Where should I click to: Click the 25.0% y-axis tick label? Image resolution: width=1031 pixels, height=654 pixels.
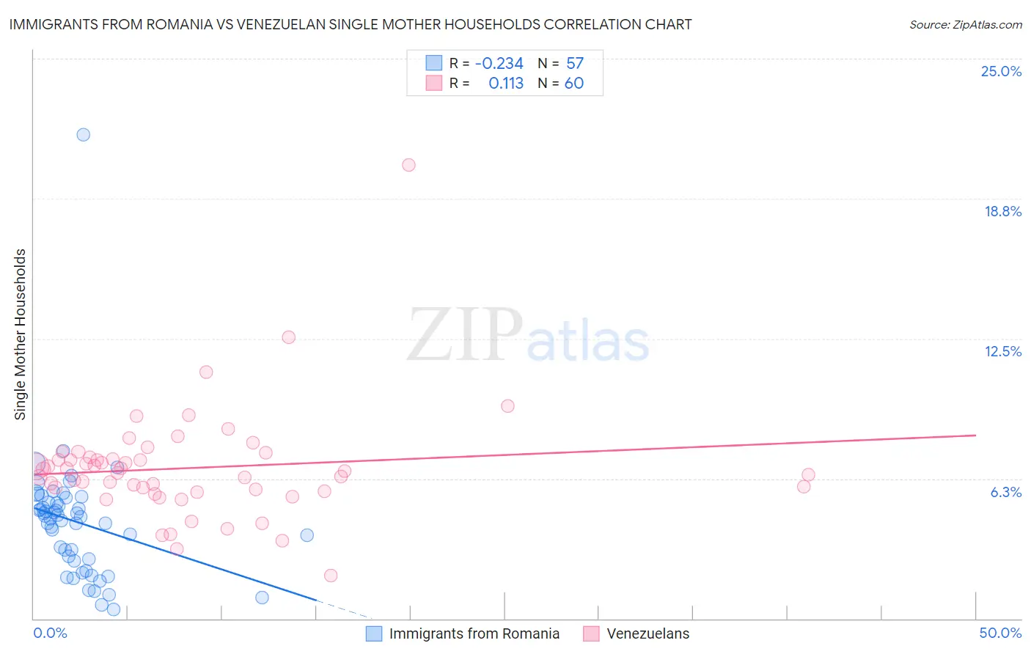(x=1001, y=71)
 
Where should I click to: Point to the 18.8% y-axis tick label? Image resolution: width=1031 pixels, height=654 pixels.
(x=1002, y=211)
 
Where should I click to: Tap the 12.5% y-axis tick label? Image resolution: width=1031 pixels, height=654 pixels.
(x=1002, y=351)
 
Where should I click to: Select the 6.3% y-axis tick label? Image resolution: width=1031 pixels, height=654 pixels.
(x=1005, y=492)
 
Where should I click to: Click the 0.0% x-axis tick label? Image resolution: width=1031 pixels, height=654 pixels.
(x=50, y=633)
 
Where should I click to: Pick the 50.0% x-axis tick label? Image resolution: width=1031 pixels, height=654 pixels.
(x=1000, y=633)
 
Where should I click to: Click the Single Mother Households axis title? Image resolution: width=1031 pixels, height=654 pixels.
(x=20, y=334)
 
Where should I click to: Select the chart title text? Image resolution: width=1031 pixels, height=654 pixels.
(x=351, y=24)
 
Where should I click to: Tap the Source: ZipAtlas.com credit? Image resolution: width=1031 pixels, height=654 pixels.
(x=965, y=25)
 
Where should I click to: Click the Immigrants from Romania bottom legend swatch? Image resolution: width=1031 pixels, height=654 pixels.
(x=374, y=633)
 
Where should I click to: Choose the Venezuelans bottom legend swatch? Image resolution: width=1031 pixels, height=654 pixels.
(x=592, y=633)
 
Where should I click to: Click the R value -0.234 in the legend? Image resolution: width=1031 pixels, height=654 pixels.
(x=499, y=64)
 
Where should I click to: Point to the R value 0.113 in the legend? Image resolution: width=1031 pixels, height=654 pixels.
(x=506, y=84)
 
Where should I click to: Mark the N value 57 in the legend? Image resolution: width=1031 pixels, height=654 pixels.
(x=575, y=64)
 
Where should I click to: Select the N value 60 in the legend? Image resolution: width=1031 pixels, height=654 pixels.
(x=574, y=84)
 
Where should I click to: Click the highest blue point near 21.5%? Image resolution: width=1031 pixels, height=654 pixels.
(x=84, y=134)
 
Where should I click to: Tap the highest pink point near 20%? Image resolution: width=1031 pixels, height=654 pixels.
(x=408, y=165)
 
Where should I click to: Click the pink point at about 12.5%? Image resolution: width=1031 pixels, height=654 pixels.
(x=288, y=337)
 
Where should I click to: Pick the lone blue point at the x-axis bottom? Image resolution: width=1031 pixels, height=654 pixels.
(x=262, y=598)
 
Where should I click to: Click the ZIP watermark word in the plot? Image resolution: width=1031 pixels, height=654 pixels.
(x=464, y=334)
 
